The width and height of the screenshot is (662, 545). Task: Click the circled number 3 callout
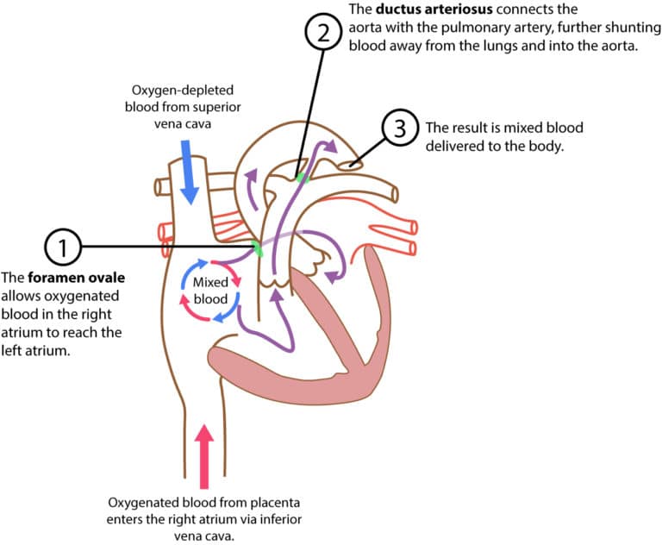click(398, 130)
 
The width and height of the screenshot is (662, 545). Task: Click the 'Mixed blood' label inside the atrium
click(209, 291)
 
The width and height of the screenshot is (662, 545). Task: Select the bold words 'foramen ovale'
click(78, 279)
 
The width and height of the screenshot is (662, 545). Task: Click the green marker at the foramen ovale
click(257, 249)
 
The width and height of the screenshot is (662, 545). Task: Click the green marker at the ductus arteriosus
click(301, 177)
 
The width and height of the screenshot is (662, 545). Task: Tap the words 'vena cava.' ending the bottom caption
click(204, 535)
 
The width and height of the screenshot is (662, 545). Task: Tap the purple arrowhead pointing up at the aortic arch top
click(328, 144)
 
